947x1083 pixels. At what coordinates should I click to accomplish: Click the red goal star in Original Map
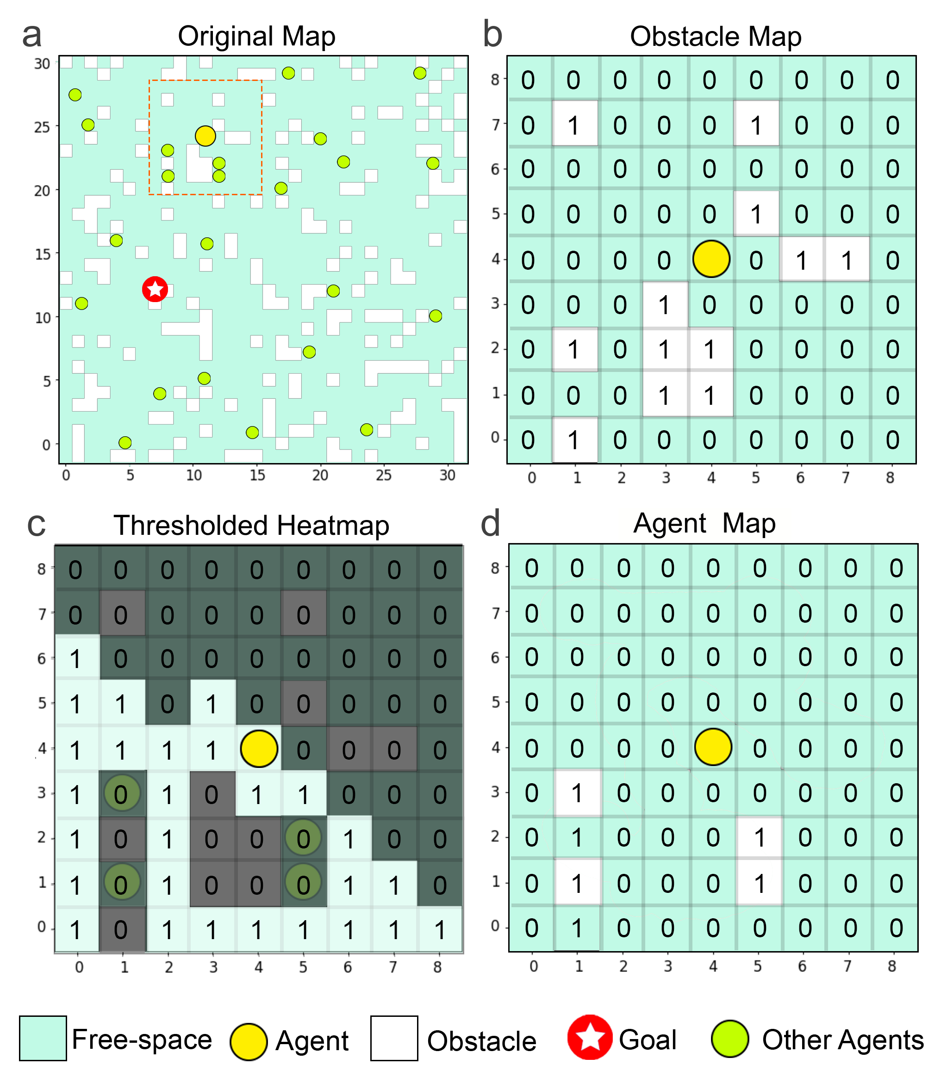pos(155,289)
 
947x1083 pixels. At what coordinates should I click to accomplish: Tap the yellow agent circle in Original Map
pos(205,136)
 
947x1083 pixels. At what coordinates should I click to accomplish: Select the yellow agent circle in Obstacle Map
pos(711,259)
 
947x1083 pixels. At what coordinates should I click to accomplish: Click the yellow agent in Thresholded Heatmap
pos(258,748)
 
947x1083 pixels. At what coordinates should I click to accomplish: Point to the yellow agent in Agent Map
pos(713,747)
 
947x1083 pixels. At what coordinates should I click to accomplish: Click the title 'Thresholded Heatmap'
pos(251,526)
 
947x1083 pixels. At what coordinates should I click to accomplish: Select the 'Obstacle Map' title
pos(716,37)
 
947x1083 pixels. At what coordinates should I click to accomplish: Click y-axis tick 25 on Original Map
pos(42,127)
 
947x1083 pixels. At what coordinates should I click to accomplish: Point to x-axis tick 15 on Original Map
pos(257,476)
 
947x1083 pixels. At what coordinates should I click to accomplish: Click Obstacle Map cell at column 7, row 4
pos(847,260)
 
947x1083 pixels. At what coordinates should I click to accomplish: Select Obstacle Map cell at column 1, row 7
pos(574,124)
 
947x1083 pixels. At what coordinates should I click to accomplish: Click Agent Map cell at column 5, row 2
pos(759,837)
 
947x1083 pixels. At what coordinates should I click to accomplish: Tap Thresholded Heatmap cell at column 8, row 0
pos(439,930)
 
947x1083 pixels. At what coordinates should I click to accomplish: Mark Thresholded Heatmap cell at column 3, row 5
pos(212,703)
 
